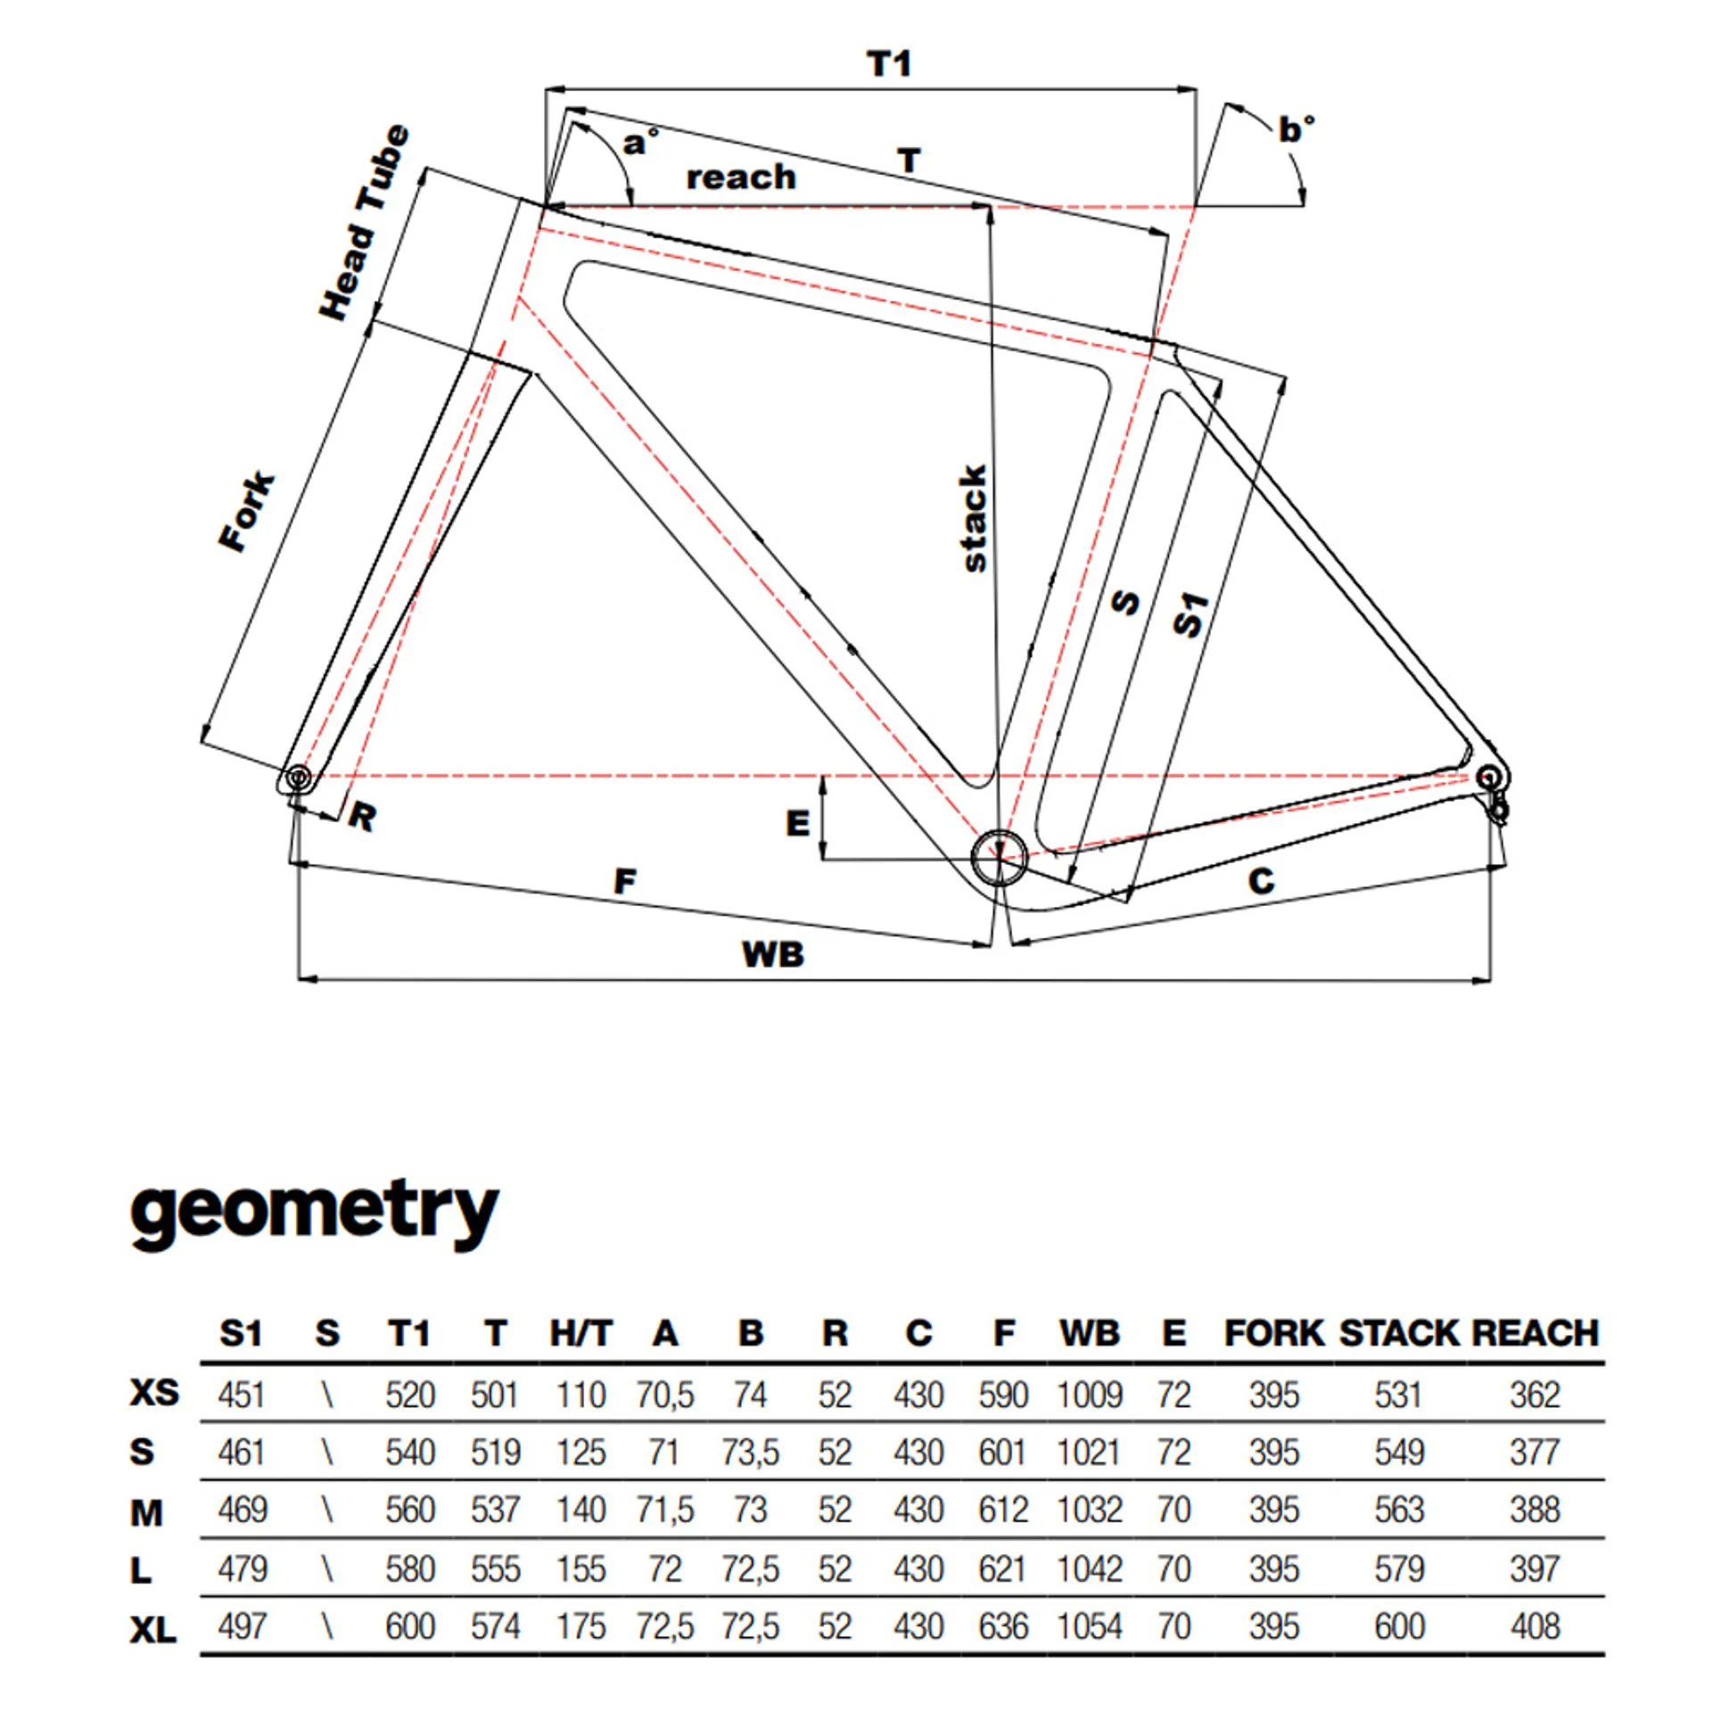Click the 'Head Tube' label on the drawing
click(366, 223)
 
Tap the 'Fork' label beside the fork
click(248, 512)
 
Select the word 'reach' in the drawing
click(740, 177)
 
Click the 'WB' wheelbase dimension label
click(773, 955)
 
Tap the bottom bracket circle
click(999, 858)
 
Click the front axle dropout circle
click(297, 778)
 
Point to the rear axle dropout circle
click(1487, 778)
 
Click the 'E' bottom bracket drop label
click(798, 823)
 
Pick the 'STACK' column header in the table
click(1398, 1334)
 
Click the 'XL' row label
click(153, 1631)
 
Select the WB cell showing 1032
click(1090, 1510)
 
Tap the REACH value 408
click(1535, 1627)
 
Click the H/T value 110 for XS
click(580, 1395)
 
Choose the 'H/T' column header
click(580, 1334)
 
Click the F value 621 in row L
click(1003, 1569)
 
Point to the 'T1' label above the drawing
click(889, 64)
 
